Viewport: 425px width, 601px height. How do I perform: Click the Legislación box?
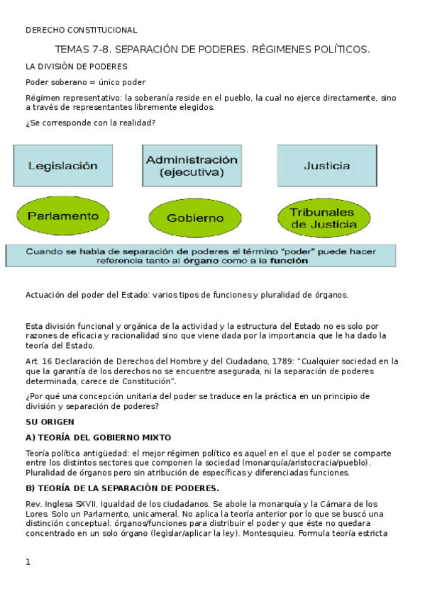[x=62, y=166]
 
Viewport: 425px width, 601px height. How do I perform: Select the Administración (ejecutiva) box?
[x=192, y=166]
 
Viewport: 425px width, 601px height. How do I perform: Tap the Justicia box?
[x=326, y=166]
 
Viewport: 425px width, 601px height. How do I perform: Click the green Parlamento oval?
[x=62, y=215]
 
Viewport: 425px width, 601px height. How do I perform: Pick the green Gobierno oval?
[x=195, y=218]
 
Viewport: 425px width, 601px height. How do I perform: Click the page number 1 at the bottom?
[x=28, y=561]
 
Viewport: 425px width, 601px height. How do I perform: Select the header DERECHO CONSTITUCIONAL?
[x=81, y=30]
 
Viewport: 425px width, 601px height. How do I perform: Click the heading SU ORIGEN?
[x=50, y=422]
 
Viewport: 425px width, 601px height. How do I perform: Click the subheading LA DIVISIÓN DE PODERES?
[x=77, y=66]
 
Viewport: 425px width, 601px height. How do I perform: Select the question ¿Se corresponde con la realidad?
[x=91, y=123]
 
